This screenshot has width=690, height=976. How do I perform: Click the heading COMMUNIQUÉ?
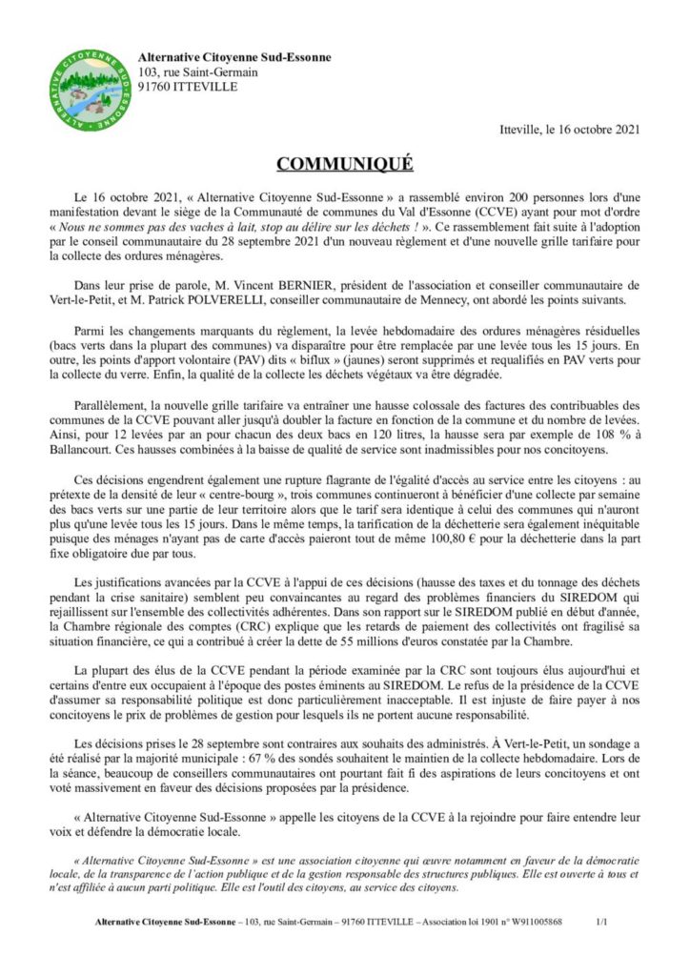point(344,163)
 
